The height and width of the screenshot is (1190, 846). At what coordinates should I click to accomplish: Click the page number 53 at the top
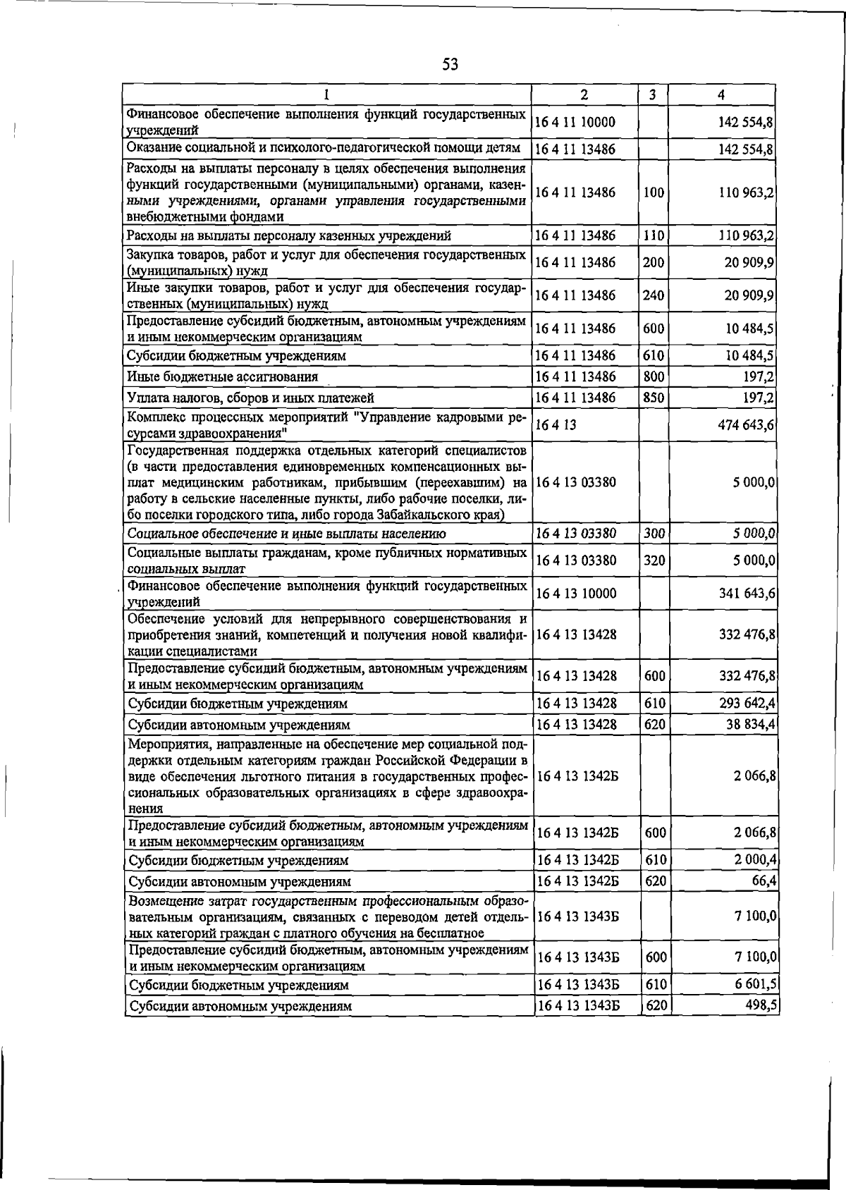pyautogui.click(x=450, y=65)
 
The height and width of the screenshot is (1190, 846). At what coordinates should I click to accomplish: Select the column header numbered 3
pyautogui.click(x=653, y=94)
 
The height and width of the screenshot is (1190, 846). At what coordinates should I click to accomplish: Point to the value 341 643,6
pyautogui.click(x=747, y=594)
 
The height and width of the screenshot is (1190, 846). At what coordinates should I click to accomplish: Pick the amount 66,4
pyautogui.click(x=764, y=881)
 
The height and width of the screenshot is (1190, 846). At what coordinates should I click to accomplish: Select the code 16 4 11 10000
pyautogui.click(x=575, y=122)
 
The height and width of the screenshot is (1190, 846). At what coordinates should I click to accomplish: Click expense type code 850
pyautogui.click(x=654, y=398)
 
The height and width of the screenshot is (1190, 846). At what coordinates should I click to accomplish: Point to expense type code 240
pyautogui.click(x=654, y=295)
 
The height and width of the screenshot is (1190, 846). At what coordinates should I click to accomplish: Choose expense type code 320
pyautogui.click(x=655, y=560)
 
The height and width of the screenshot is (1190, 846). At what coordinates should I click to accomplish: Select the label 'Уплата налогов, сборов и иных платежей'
pyautogui.click(x=250, y=398)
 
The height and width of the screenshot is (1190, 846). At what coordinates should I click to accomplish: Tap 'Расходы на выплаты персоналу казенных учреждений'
pyautogui.click(x=288, y=235)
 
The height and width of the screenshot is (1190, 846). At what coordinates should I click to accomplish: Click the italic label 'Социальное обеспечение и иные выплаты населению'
pyautogui.click(x=286, y=534)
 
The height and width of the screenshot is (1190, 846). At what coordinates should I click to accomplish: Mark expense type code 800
pyautogui.click(x=654, y=376)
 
